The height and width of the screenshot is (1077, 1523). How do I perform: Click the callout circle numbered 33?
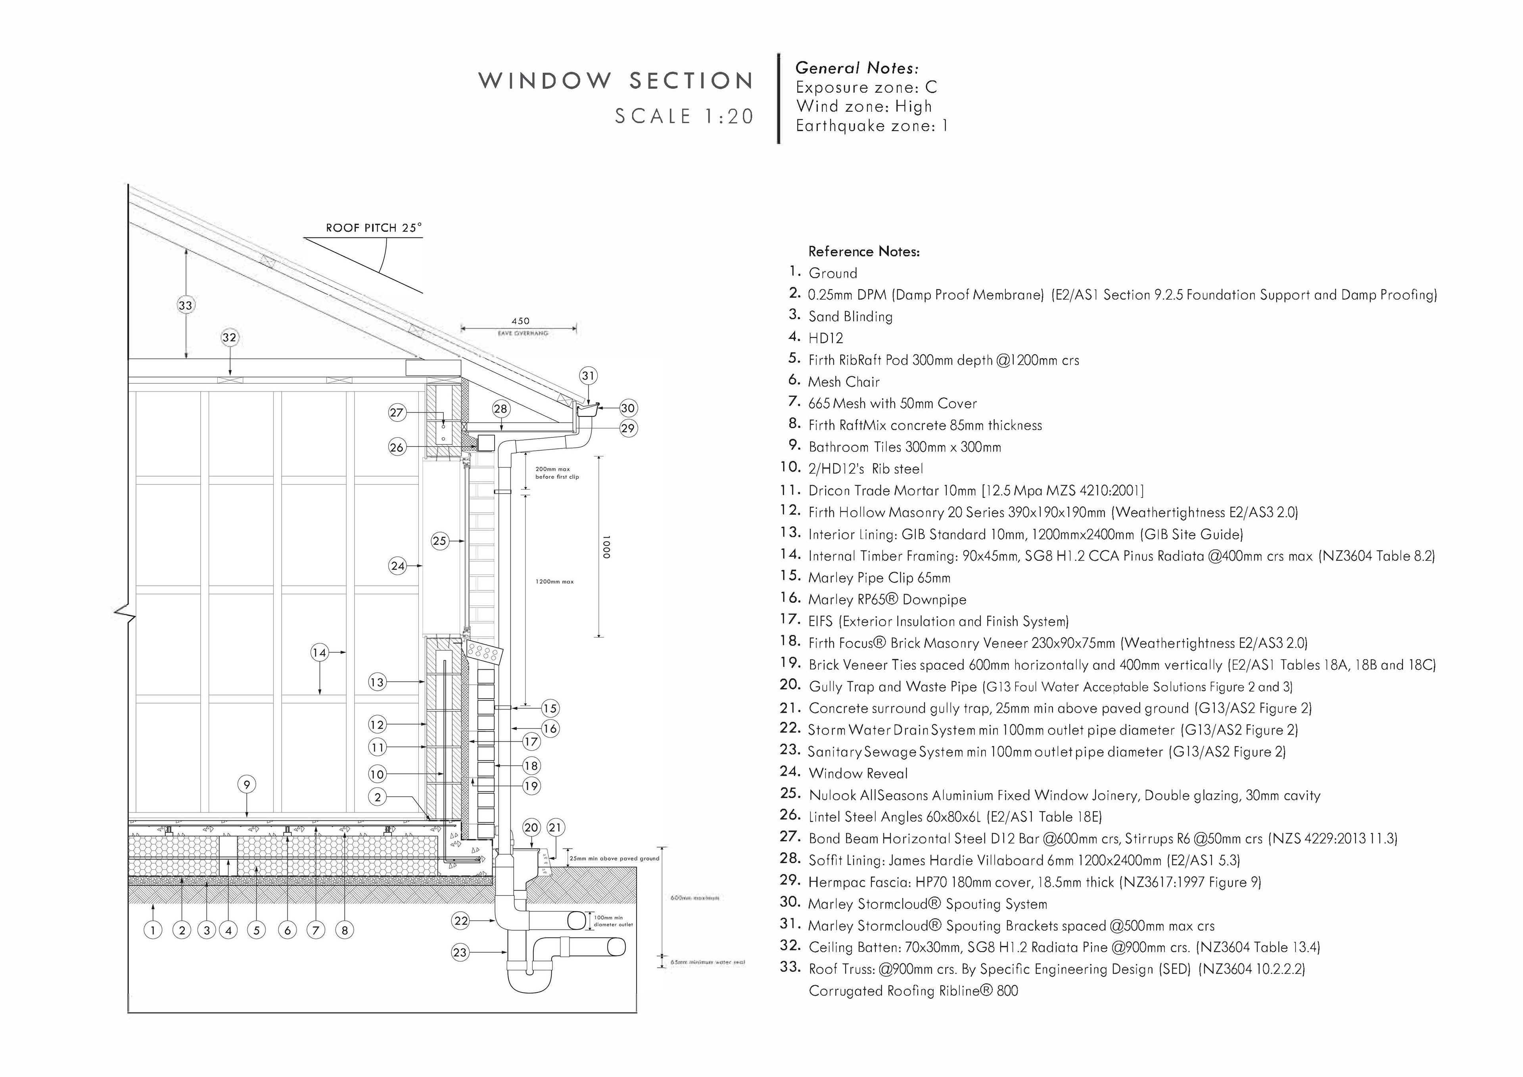tap(185, 305)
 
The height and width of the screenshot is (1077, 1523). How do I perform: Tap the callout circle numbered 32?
tap(229, 337)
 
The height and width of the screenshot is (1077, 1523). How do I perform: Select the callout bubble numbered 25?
tap(440, 541)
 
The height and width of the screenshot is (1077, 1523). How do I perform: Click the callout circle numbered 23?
tap(460, 953)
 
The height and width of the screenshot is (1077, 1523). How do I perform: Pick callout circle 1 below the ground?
tap(153, 930)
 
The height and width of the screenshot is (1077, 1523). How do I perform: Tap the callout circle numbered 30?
tap(627, 408)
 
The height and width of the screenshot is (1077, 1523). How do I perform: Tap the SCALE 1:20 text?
tap(685, 117)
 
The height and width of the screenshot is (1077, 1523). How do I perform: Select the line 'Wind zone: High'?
tap(864, 106)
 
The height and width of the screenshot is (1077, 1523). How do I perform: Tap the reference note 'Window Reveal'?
tap(858, 773)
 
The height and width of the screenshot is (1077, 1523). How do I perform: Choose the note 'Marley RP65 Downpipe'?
tap(887, 600)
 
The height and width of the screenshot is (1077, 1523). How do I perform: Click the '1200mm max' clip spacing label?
tap(554, 582)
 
